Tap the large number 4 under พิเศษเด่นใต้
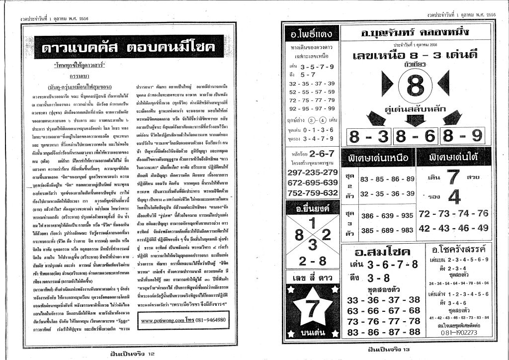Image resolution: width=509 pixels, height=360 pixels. point(453,197)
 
